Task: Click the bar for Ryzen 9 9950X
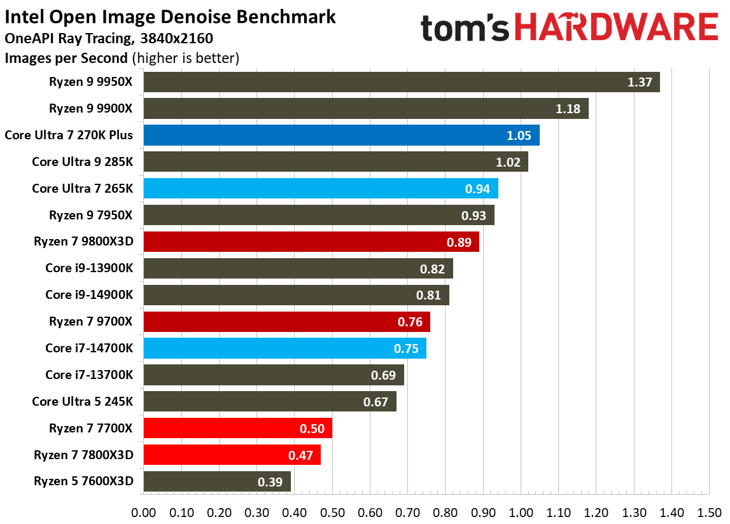[401, 82]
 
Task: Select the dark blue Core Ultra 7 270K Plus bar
[341, 135]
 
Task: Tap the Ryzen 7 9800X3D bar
[311, 242]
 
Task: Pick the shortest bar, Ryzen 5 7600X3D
[217, 481]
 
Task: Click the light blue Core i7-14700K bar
[284, 348]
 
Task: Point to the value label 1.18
[568, 109]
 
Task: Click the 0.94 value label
[477, 189]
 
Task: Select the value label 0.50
[312, 429]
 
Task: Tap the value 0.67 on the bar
[376, 402]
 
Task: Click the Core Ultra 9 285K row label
[83, 162]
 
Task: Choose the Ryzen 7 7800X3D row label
[84, 455]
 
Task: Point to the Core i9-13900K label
[89, 268]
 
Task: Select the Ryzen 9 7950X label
[91, 215]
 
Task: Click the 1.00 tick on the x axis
[521, 511]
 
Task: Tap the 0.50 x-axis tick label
[332, 511]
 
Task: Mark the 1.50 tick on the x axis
[709, 511]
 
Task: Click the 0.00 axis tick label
[144, 511]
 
